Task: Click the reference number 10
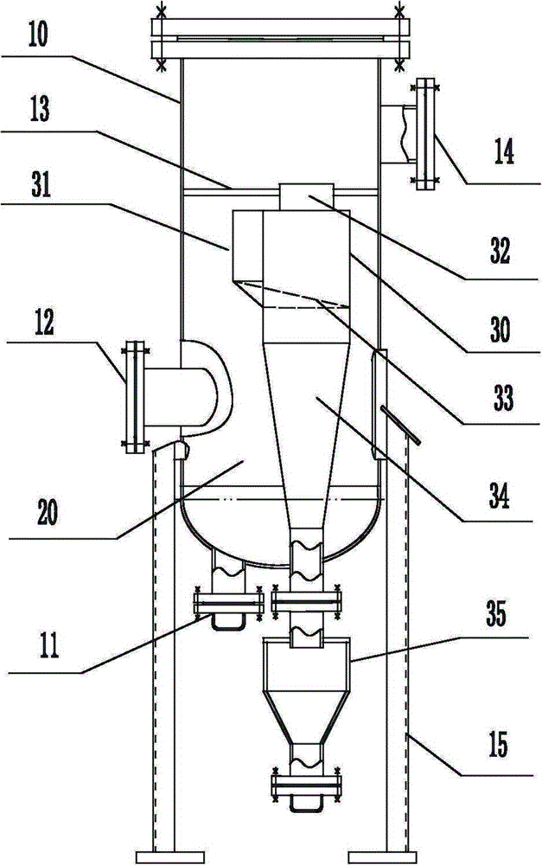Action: (37, 34)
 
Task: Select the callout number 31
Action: (41, 184)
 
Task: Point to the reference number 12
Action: (44, 324)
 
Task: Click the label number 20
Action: (47, 512)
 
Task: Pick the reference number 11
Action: (48, 645)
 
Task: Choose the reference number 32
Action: (500, 251)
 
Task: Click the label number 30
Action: (500, 330)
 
